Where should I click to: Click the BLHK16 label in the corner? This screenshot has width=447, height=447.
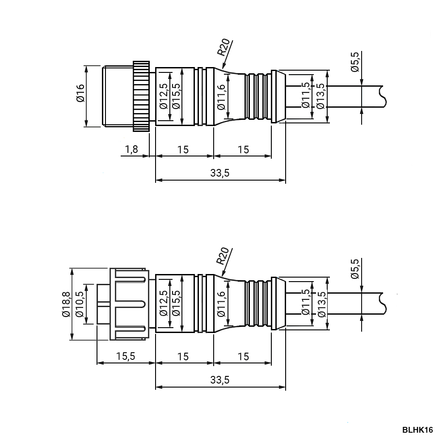(417, 430)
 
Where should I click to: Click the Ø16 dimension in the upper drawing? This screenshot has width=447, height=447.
(80, 93)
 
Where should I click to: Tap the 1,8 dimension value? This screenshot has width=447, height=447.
(131, 149)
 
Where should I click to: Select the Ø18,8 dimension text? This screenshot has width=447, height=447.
(66, 304)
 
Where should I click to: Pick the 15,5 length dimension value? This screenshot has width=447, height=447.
(126, 356)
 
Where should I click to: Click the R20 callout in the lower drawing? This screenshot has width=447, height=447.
(223, 255)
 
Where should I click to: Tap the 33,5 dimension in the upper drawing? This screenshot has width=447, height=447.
(220, 173)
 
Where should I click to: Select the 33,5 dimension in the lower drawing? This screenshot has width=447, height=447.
(220, 380)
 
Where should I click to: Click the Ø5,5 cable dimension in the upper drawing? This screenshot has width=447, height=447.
(355, 62)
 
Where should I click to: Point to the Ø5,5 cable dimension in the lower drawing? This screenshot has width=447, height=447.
(355, 269)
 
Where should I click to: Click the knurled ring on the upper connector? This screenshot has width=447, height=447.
(141, 96)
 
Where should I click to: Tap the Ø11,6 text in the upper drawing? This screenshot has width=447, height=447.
(221, 97)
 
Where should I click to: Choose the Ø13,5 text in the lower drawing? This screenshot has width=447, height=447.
(321, 304)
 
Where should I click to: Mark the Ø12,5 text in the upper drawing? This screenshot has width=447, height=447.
(164, 96)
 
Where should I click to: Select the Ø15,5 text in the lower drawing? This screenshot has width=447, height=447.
(177, 304)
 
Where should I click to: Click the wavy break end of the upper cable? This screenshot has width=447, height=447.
(383, 97)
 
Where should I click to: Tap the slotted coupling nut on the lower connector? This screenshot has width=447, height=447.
(130, 304)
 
